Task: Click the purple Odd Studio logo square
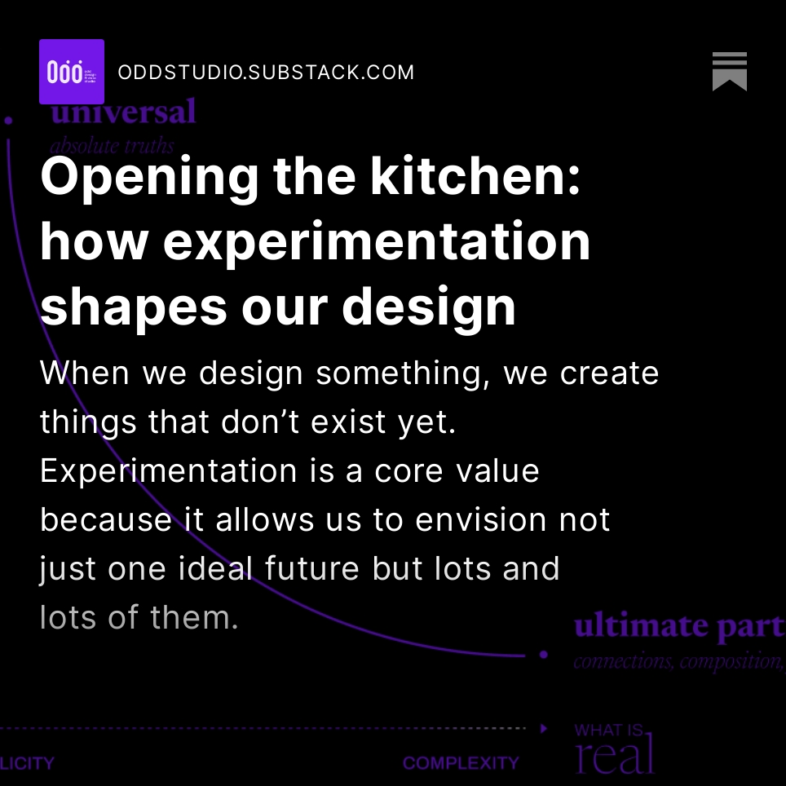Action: click(x=72, y=72)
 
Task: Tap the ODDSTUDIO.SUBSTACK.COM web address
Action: click(x=266, y=73)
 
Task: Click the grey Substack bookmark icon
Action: click(x=729, y=72)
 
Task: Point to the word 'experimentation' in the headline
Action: click(x=377, y=241)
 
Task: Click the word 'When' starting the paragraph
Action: click(x=85, y=373)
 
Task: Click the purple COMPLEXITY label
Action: click(x=461, y=763)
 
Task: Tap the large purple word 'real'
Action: click(x=615, y=756)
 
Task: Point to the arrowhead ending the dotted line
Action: click(x=544, y=728)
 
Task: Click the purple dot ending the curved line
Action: click(x=543, y=655)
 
